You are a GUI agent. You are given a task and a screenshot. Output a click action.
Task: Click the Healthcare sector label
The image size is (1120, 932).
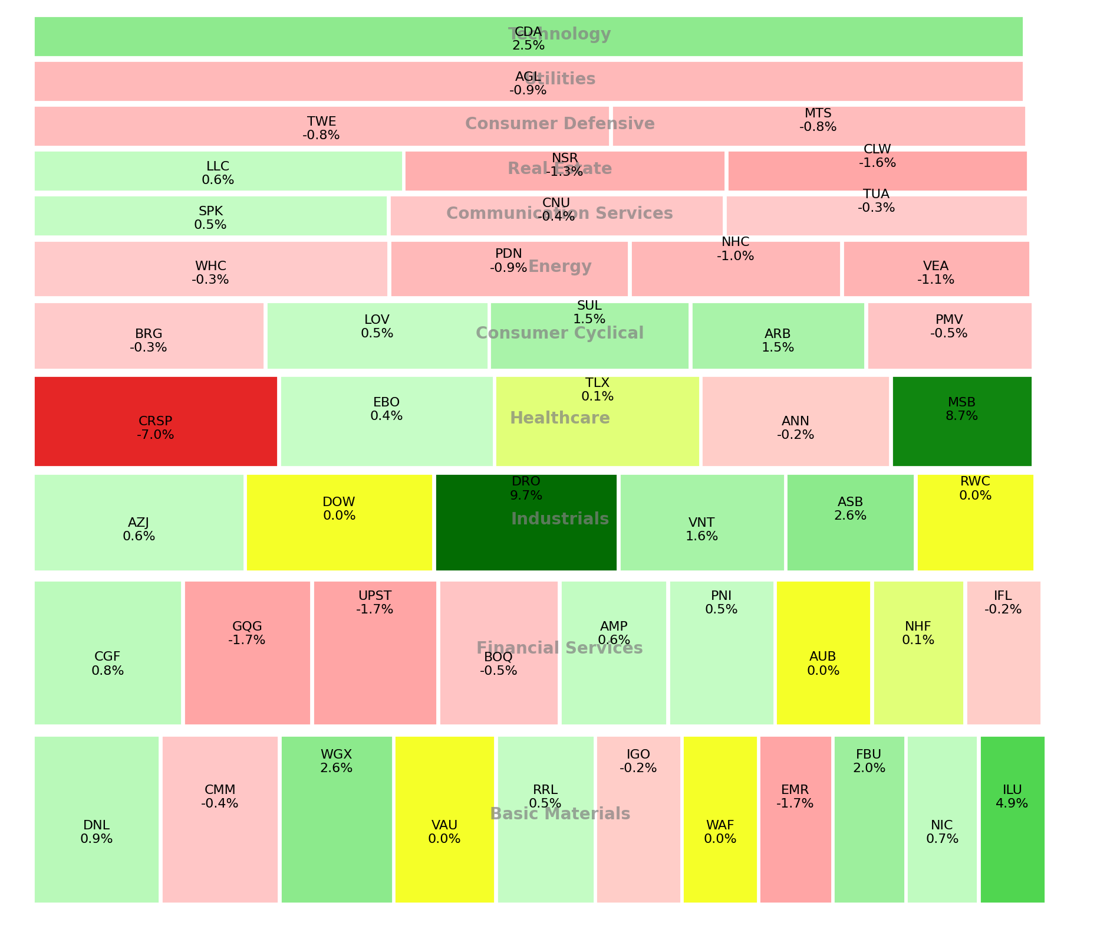(x=559, y=418)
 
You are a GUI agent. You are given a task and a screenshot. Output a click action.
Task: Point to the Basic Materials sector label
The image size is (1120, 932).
(x=559, y=814)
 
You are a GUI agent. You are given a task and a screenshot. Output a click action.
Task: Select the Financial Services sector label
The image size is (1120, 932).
(x=559, y=648)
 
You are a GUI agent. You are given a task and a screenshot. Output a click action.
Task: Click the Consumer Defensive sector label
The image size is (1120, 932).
(x=559, y=124)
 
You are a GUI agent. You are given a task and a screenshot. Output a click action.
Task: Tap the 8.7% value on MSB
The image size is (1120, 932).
(x=961, y=416)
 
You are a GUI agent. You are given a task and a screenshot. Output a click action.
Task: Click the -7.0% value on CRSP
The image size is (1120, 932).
(x=156, y=435)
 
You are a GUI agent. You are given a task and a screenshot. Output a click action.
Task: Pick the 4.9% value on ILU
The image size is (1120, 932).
(x=1012, y=803)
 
